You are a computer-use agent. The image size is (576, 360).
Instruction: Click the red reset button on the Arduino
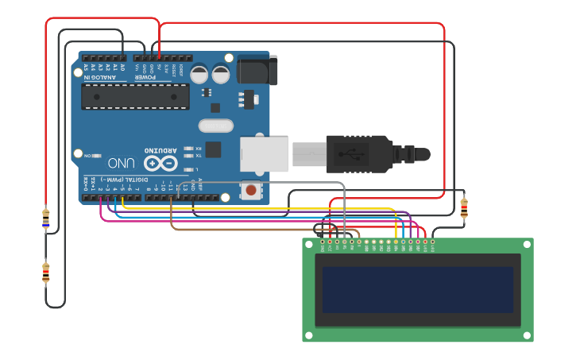251,190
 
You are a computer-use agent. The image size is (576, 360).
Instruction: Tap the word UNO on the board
121,163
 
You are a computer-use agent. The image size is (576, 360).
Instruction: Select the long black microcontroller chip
135,97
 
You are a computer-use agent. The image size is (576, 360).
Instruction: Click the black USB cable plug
358,153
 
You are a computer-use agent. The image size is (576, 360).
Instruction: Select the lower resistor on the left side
45,273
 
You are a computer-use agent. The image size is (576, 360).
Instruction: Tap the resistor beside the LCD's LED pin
464,208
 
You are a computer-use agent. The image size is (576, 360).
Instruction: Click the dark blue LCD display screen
417,289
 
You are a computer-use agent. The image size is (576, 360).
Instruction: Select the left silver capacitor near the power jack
199,74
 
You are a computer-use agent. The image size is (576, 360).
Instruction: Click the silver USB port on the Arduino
264,153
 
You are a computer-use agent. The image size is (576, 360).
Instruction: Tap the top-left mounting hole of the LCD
310,245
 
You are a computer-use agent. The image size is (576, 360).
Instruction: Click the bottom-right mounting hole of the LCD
526,335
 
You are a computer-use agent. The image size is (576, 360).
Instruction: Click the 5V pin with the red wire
159,58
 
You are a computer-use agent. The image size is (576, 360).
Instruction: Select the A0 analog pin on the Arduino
123,58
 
